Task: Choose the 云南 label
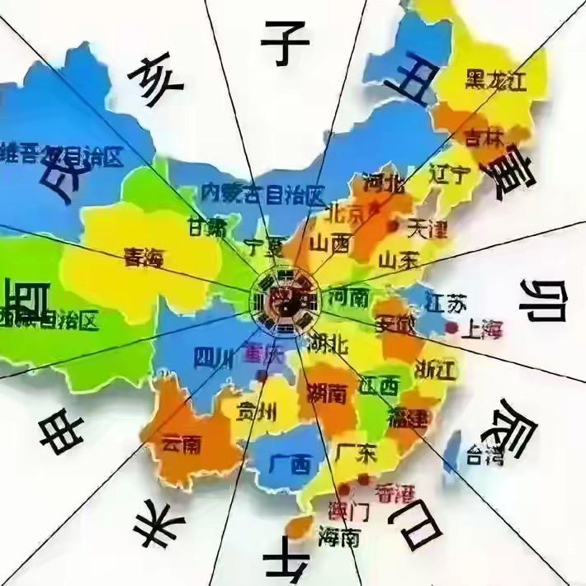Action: coord(182,444)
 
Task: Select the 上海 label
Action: coord(484,331)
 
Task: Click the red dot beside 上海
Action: coord(452,328)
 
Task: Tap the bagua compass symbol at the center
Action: coord(285,300)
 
